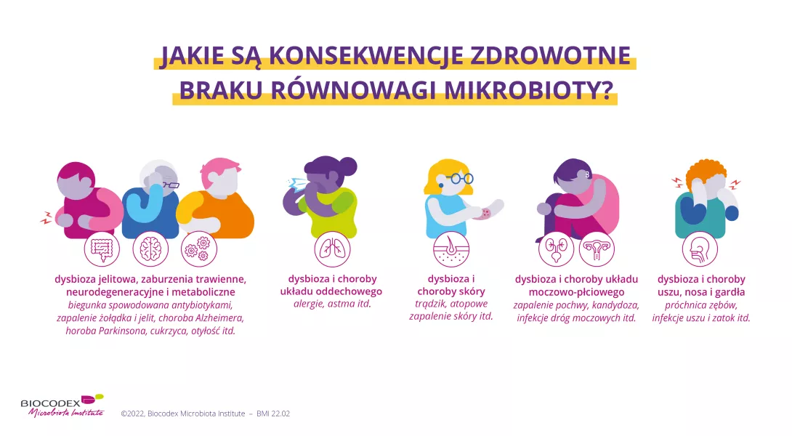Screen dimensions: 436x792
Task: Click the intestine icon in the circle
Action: click(x=102, y=249)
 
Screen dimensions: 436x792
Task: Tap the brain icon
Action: click(x=150, y=249)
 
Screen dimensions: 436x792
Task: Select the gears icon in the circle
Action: click(x=198, y=249)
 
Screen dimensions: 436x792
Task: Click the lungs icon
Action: click(x=331, y=249)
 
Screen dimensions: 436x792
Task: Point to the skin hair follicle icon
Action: click(x=450, y=249)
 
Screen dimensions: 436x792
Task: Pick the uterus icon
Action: click(x=597, y=249)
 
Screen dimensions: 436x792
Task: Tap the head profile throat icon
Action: click(x=700, y=249)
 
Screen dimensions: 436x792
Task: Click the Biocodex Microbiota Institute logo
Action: click(x=62, y=405)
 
